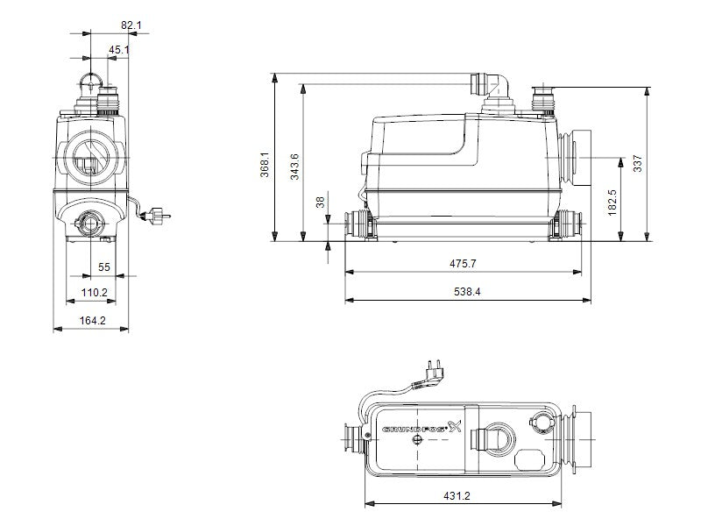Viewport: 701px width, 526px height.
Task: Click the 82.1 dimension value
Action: coord(131,25)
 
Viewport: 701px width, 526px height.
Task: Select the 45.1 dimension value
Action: coord(118,50)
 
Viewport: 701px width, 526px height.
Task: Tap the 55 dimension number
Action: coord(104,267)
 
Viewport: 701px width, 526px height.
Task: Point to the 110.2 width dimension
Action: coord(95,293)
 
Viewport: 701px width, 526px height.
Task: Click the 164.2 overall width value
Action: coord(93,321)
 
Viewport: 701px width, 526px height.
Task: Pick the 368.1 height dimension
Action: coord(265,165)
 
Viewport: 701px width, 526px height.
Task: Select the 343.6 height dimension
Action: coord(294,167)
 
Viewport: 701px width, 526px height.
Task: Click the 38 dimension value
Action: coord(321,203)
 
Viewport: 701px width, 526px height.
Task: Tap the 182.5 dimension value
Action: coord(612,203)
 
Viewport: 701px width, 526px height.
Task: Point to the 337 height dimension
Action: coord(638,163)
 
